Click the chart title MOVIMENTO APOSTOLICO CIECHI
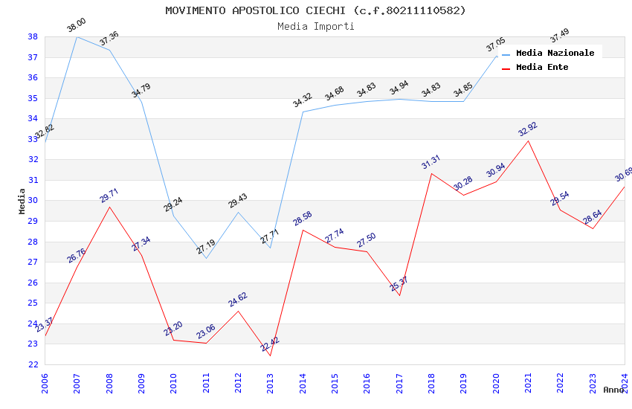(x=315, y=10)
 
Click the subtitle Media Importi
(x=315, y=26)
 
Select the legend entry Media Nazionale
(x=555, y=53)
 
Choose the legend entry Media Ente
(x=542, y=67)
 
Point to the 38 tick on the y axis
(x=33, y=36)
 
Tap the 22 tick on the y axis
(x=33, y=364)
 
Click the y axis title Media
(x=22, y=201)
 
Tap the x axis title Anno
(x=613, y=390)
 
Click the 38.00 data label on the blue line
(x=77, y=26)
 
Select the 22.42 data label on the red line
(x=270, y=344)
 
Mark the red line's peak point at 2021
(x=528, y=141)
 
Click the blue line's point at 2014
(x=303, y=112)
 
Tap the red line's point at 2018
(x=431, y=173)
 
